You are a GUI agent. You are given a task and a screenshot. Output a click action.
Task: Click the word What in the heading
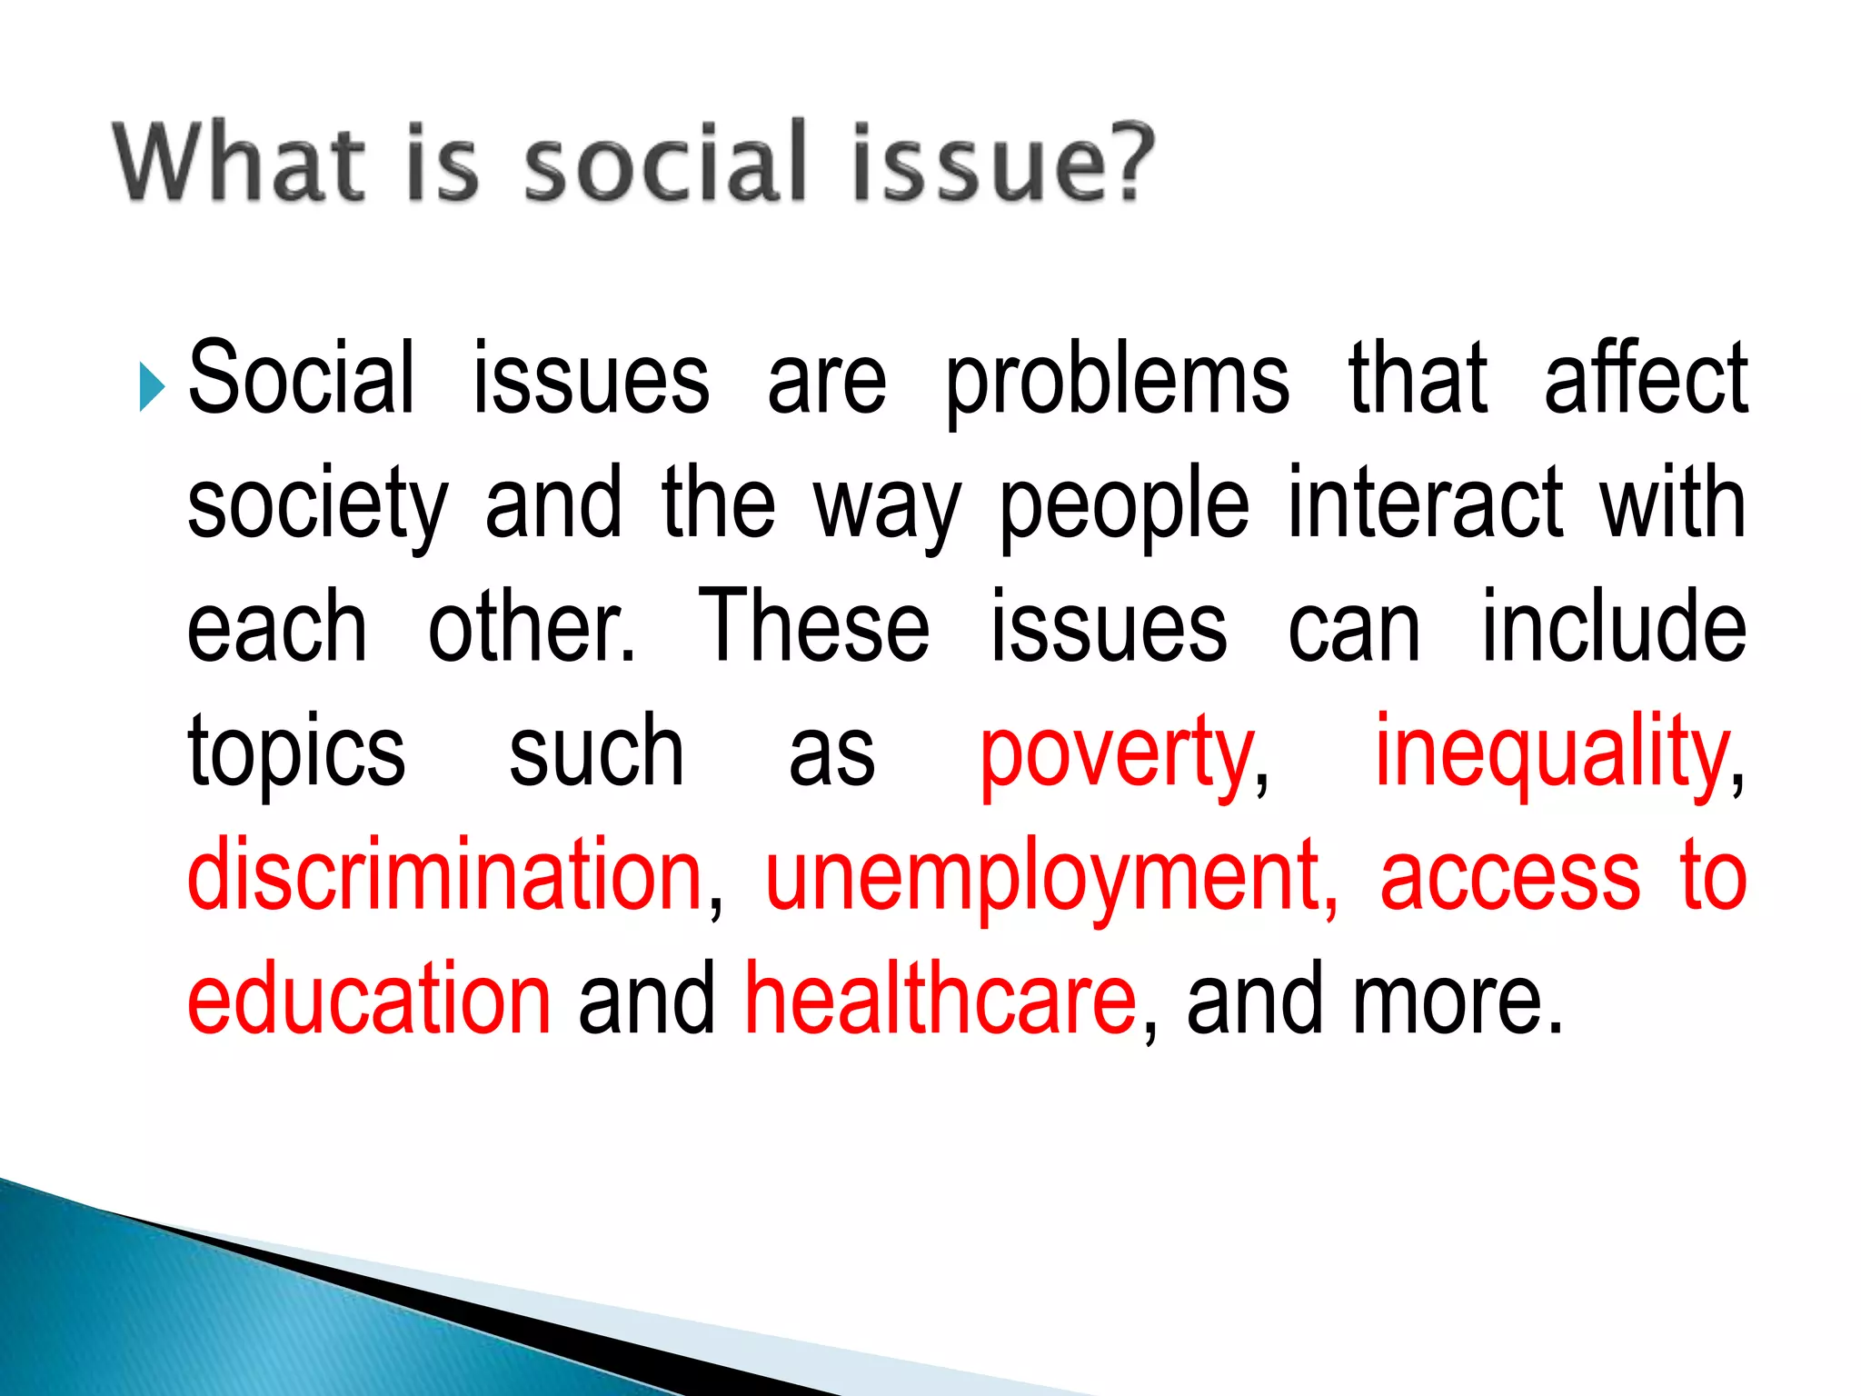(239, 162)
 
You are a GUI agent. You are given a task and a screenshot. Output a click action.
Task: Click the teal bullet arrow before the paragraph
(152, 386)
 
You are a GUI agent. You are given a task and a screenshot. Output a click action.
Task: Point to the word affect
(1646, 377)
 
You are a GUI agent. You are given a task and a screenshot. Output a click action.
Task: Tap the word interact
(1426, 502)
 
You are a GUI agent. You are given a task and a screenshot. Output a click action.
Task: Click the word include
(1614, 626)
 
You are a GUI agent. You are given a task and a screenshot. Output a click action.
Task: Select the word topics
(296, 753)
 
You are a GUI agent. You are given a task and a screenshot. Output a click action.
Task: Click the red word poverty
(1117, 753)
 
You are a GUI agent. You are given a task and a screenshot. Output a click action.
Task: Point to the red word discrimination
(445, 874)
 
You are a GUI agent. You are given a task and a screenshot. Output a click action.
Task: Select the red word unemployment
(1050, 876)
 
